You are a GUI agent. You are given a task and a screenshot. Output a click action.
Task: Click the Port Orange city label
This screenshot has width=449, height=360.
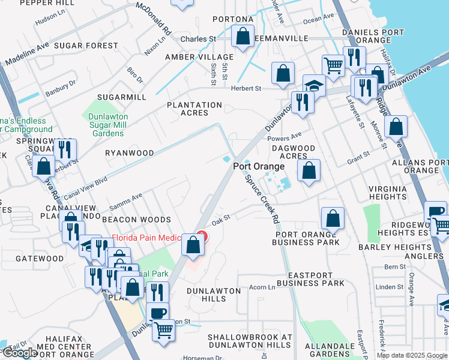[259, 166]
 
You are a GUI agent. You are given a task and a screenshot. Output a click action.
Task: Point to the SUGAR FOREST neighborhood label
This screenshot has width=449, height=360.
[86, 46]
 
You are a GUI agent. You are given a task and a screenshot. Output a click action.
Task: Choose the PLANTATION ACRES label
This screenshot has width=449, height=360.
[194, 109]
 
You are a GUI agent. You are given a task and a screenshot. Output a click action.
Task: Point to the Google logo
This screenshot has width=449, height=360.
[20, 353]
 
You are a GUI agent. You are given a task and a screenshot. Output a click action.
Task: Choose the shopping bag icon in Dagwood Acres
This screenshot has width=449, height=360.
[309, 170]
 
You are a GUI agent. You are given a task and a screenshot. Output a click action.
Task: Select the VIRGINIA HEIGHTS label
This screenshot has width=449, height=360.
[388, 193]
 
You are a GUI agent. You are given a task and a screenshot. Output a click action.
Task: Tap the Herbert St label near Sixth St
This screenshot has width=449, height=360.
[246, 88]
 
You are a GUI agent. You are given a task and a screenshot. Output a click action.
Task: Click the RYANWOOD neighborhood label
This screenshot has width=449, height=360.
[130, 153]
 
